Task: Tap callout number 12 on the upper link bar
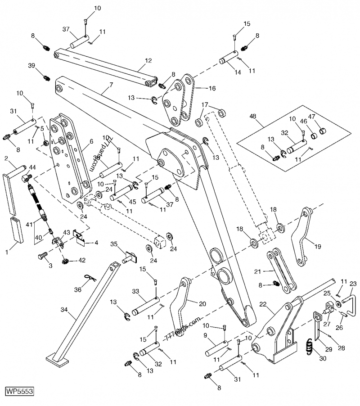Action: click(x=148, y=60)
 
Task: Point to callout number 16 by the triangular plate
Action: click(x=211, y=88)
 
